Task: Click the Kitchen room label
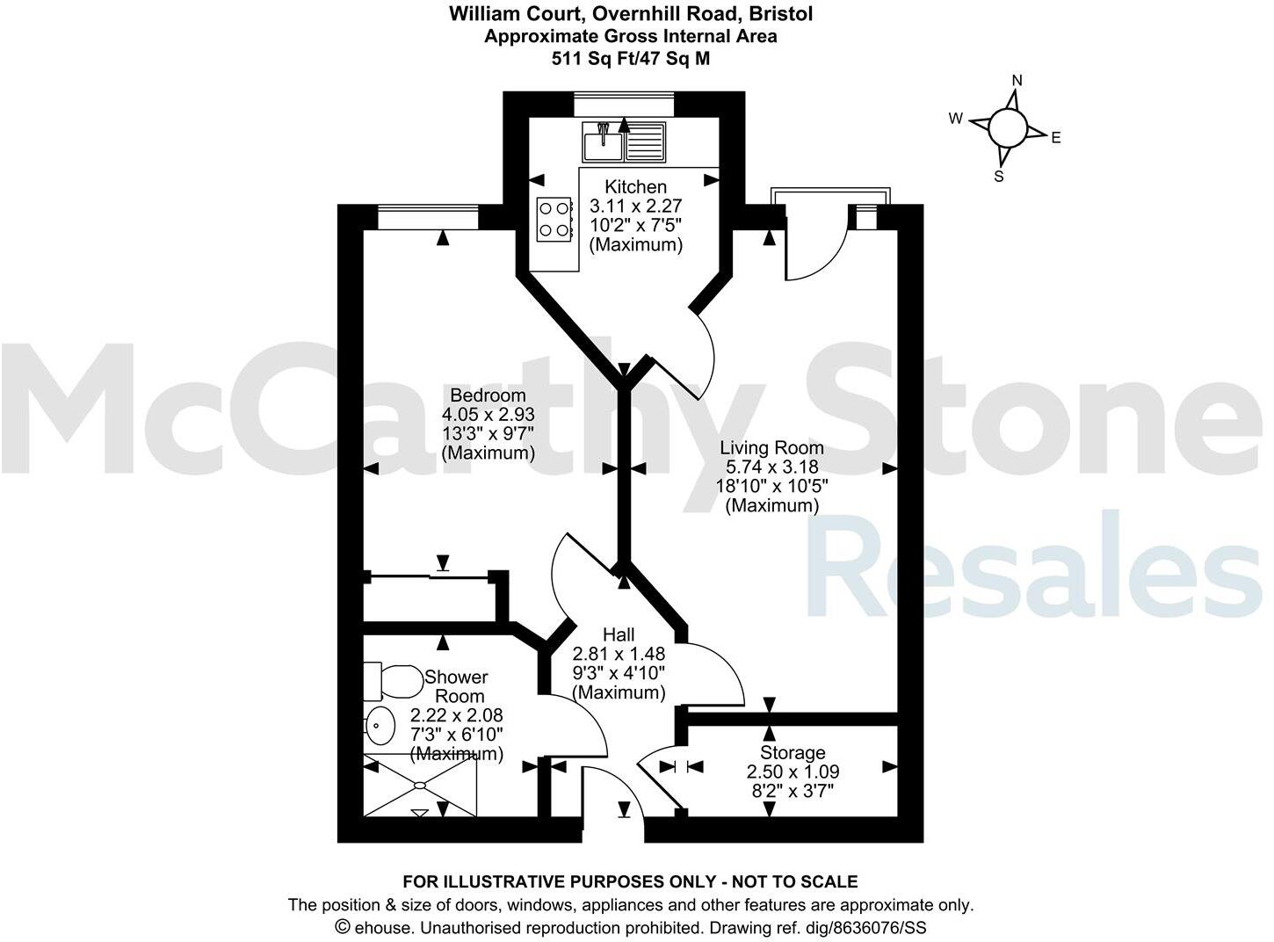(x=635, y=186)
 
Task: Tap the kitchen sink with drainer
(x=623, y=142)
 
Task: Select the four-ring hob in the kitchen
(x=554, y=219)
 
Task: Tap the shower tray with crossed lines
(x=420, y=785)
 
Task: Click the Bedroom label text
(x=488, y=395)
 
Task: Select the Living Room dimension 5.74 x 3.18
(x=771, y=467)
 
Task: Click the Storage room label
(x=793, y=753)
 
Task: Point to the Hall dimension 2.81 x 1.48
(x=619, y=654)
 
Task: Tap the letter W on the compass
(x=956, y=119)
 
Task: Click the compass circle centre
(x=1007, y=129)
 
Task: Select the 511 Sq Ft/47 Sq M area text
(x=630, y=59)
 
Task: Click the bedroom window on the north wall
(x=428, y=216)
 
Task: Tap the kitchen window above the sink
(x=623, y=105)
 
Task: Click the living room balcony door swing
(x=817, y=246)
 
